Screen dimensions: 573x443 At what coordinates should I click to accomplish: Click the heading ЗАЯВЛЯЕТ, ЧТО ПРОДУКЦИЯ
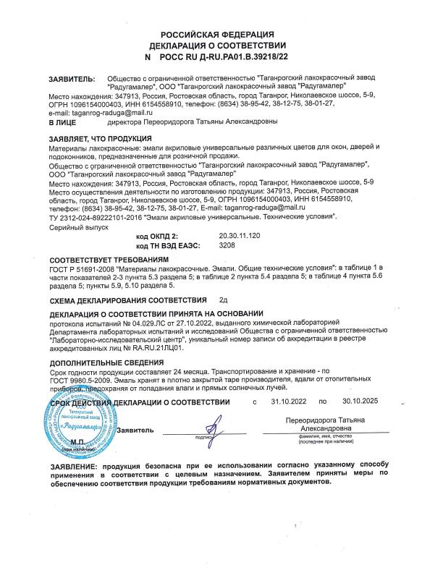tap(99, 137)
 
